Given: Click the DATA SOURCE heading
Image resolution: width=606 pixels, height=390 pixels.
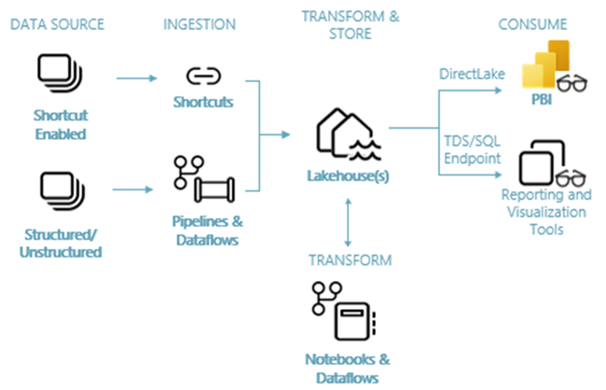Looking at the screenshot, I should [x=59, y=22].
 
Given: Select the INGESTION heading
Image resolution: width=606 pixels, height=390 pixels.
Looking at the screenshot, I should [x=199, y=22].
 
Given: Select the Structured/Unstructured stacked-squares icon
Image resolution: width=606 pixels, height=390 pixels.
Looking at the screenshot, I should [x=59, y=190].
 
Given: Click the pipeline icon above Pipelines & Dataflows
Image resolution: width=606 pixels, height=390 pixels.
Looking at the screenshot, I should [x=202, y=180].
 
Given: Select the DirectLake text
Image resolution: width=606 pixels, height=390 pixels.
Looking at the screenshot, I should [x=465, y=73].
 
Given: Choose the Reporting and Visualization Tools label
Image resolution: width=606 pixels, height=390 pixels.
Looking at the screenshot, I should [x=545, y=212].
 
